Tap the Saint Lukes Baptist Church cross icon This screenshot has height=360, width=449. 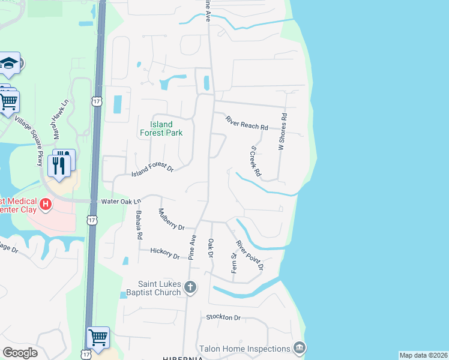coord(191,287)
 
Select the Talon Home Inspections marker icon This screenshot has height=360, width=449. coord(299,348)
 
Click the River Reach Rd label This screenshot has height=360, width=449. coord(246,123)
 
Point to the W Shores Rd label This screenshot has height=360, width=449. coord(280,132)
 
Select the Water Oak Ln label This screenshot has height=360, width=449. coord(121,202)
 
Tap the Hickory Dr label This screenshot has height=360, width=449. coord(165,253)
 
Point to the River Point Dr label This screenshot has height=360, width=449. coord(250,255)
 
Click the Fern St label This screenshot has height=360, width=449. coord(234,264)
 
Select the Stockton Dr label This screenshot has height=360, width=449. coord(223,317)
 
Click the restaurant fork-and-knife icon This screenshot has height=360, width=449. coord(59,164)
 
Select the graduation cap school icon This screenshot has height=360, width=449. coord(9,64)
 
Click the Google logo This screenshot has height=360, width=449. coord(20,353)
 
